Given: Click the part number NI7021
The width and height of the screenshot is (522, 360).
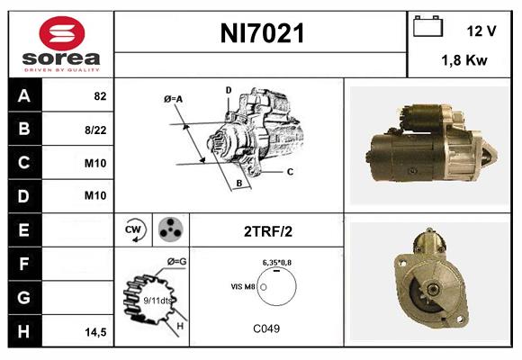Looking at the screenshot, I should coord(262,34).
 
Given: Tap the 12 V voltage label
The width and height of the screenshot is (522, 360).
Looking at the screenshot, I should coord(481,31).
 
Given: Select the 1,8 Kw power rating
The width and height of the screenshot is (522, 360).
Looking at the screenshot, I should coord(464,62).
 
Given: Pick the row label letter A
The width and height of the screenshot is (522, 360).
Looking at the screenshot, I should coord(22,95).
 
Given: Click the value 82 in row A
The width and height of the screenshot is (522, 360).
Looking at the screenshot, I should coord(100,96).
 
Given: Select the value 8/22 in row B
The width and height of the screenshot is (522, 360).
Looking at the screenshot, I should coord(96,130).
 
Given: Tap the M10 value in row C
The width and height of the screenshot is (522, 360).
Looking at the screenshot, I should coord(95,163).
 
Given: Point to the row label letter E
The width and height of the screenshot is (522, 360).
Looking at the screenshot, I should coord(22,230).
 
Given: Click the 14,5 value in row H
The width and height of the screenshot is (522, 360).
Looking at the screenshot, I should coord(96,332).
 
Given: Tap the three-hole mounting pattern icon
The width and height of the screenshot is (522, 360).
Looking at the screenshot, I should coord(168,229).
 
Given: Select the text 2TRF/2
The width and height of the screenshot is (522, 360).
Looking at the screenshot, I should coord(267,231).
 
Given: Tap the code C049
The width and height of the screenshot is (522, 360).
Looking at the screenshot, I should coord(266,328).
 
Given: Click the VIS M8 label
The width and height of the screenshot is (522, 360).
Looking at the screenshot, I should coord(243,285).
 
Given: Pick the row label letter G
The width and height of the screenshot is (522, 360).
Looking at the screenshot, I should coord(22,297).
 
